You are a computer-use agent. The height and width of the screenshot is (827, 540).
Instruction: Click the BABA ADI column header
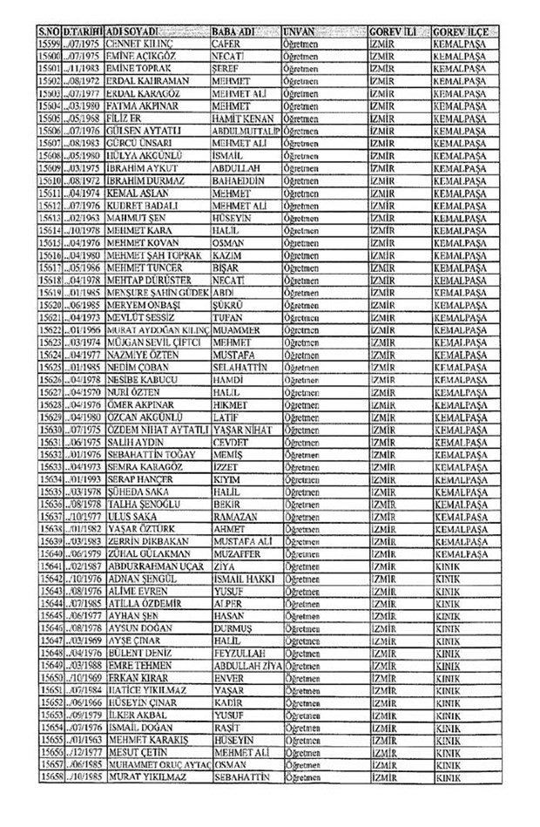coord(235,31)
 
